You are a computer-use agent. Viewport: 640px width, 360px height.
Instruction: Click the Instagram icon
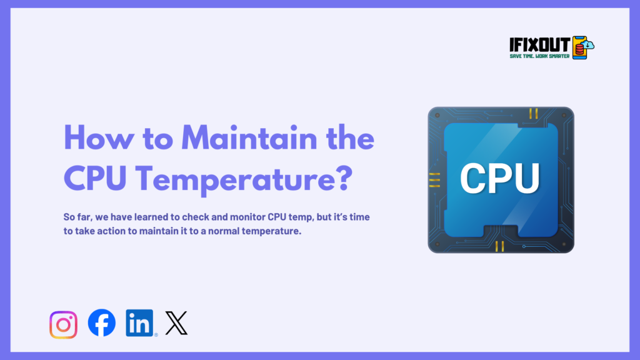(63, 325)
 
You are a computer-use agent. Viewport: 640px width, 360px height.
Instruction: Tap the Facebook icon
(101, 324)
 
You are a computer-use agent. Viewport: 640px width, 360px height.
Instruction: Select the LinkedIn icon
(140, 323)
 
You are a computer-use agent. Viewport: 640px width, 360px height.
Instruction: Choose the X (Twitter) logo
(176, 323)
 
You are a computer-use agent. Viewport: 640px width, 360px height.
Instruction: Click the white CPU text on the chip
(500, 177)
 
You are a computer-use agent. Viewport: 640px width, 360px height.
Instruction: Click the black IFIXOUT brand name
(540, 44)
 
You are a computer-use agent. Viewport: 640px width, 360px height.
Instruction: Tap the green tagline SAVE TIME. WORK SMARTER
(540, 56)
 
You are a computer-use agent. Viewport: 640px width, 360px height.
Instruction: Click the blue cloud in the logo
(588, 44)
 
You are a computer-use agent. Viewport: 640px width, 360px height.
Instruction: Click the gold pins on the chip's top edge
(533, 113)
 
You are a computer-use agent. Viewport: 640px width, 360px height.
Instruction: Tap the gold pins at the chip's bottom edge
(499, 246)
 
